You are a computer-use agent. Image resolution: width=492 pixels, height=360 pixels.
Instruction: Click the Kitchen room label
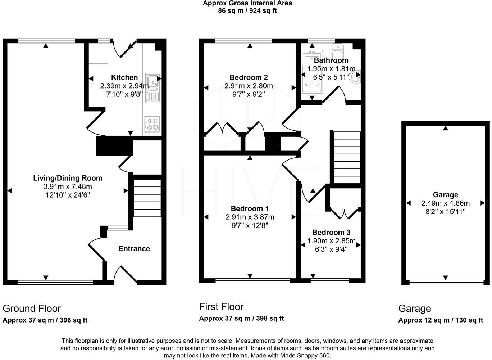coord(124,77)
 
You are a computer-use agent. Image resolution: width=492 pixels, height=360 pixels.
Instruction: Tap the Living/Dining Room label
coord(68,178)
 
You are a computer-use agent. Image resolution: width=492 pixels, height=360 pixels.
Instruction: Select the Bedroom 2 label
coord(249,77)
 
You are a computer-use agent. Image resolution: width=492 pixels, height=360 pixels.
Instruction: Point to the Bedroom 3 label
coord(331,233)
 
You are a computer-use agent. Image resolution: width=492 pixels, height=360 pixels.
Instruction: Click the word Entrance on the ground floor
coord(134,249)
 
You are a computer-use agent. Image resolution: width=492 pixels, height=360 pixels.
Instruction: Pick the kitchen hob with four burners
coord(152,124)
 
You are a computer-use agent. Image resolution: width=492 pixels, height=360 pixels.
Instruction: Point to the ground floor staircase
coord(147,198)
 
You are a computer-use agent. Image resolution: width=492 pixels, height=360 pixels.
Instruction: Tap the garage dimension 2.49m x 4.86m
coord(445,203)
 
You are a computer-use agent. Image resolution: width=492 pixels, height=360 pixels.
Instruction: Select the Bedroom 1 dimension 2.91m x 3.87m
coord(250,217)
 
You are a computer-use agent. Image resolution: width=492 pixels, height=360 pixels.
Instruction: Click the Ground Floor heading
coord(32,309)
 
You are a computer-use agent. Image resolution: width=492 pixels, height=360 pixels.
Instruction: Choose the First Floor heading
coord(221,307)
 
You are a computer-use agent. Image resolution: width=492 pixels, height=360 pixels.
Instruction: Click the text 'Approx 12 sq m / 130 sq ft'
coord(440,320)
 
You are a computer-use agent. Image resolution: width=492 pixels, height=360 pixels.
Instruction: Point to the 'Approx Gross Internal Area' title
coord(247,3)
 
